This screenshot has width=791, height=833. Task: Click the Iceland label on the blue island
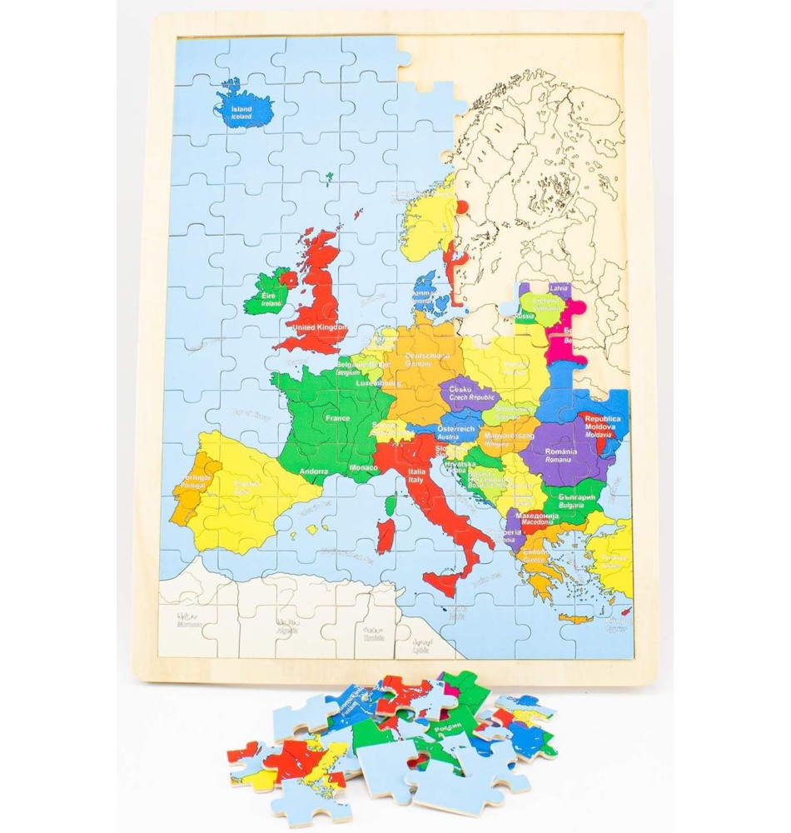241,112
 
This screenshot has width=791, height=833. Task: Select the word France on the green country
337,418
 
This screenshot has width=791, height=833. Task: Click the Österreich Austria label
455,431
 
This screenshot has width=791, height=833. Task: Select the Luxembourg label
378,384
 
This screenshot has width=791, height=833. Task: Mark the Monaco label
364,469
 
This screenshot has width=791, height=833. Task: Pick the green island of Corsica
391,505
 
